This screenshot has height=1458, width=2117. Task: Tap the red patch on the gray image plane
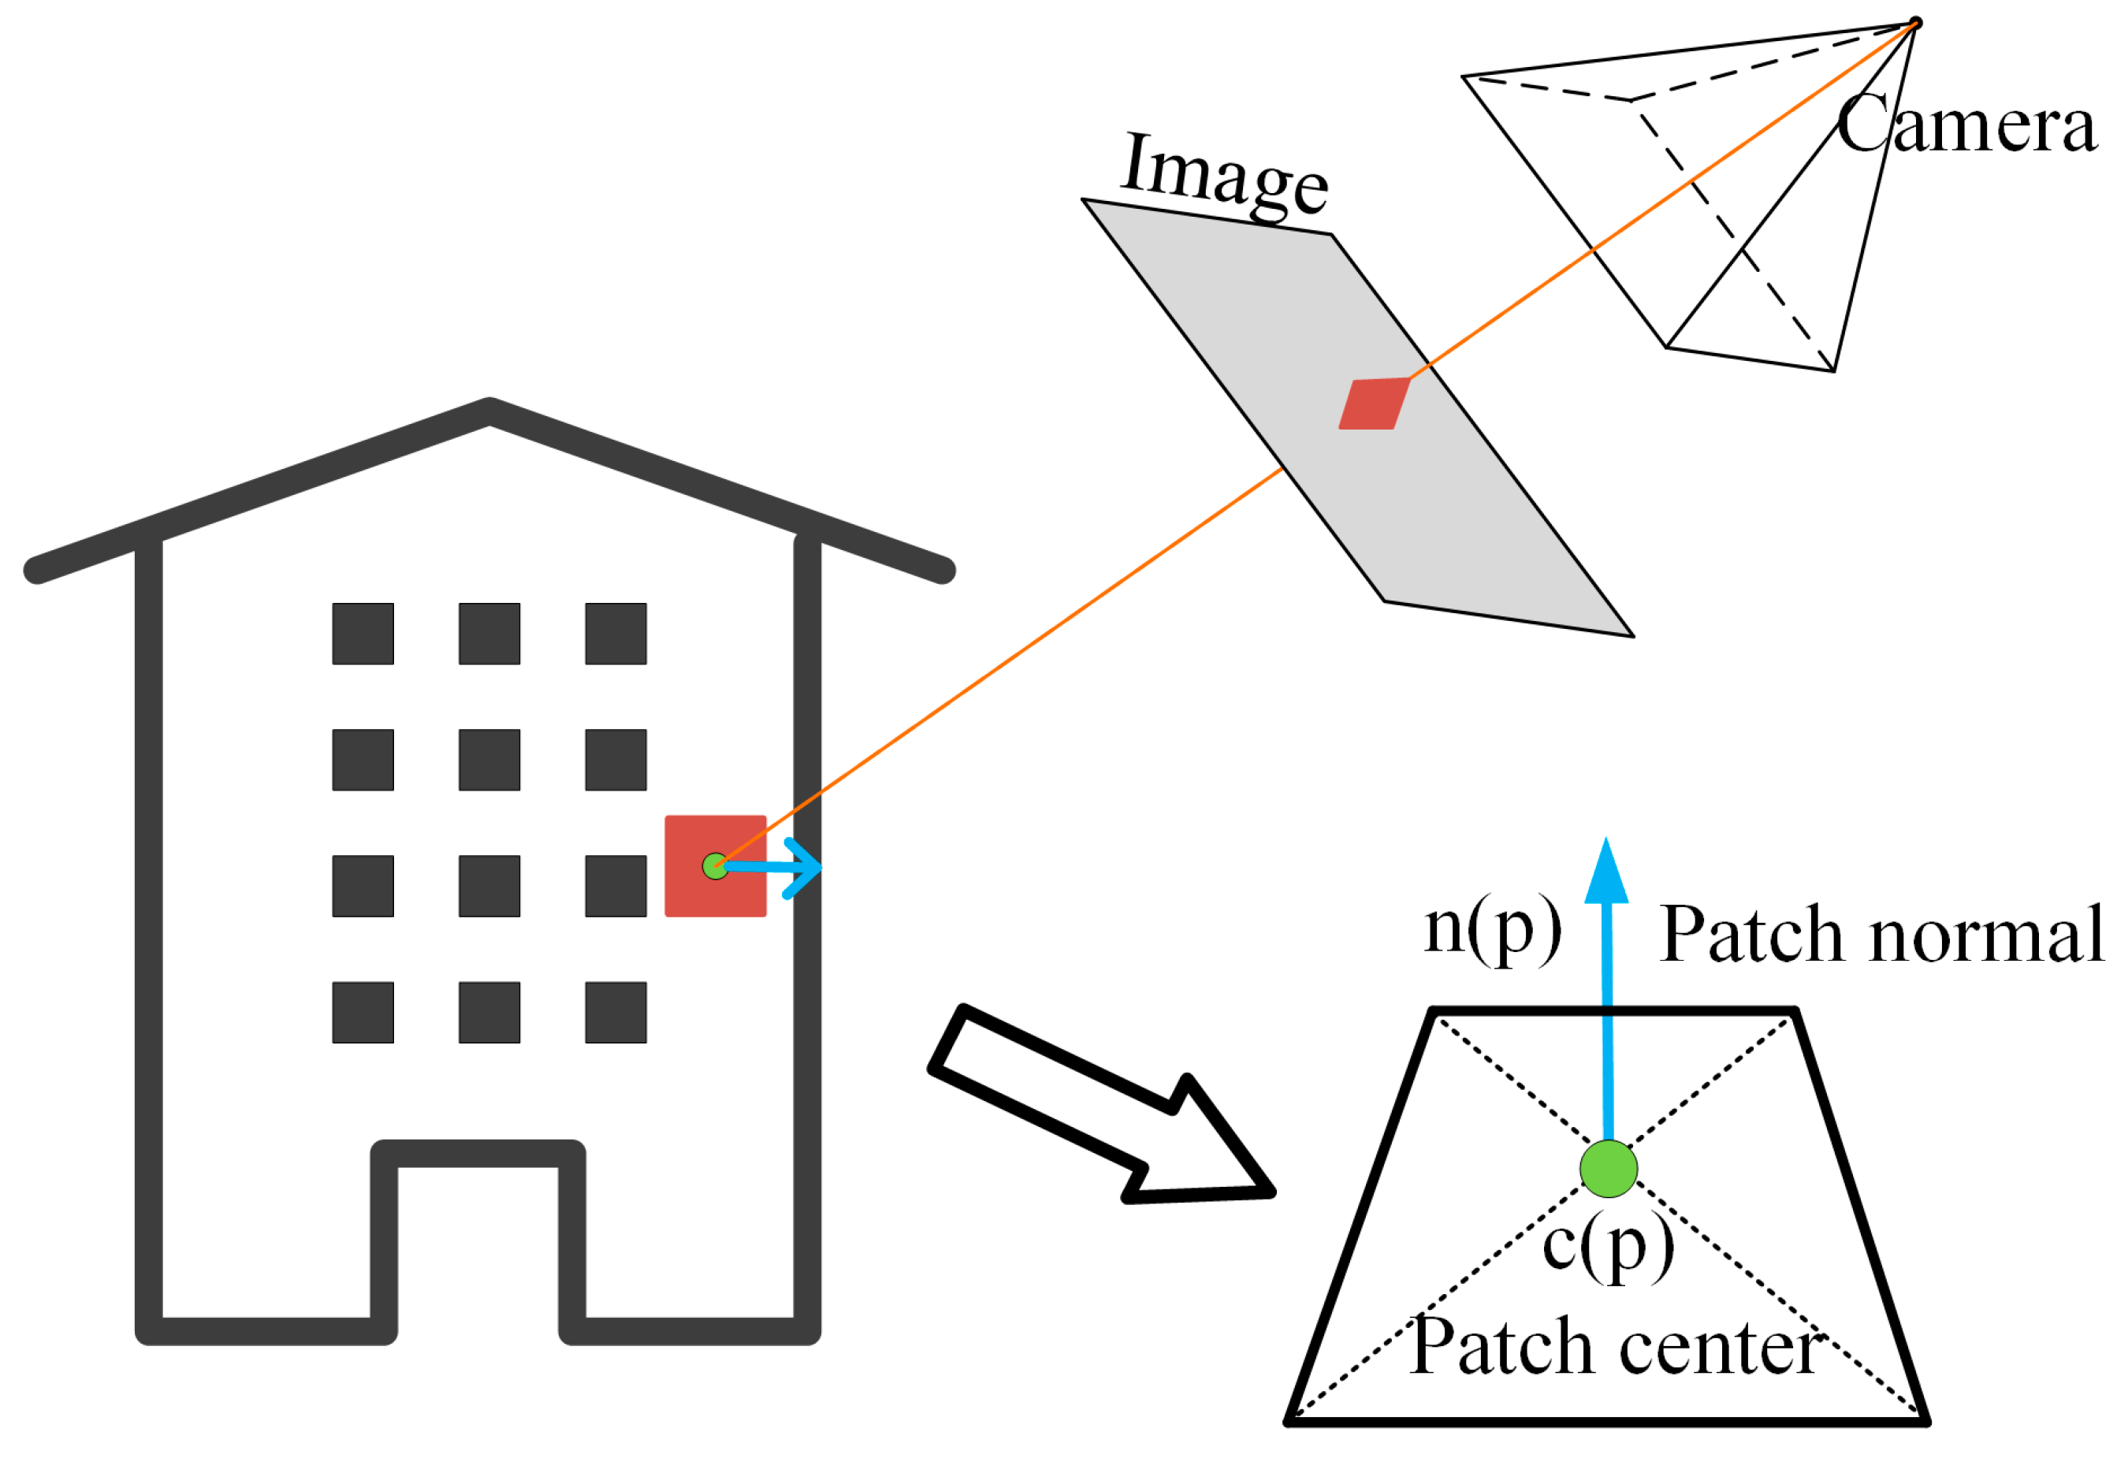tap(1372, 403)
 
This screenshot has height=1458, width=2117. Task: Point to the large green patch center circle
tap(1607, 1169)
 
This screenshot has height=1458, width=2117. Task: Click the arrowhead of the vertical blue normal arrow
tap(1605, 872)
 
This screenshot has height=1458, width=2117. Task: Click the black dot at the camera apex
tap(1915, 23)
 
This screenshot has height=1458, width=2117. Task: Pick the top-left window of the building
tap(363, 633)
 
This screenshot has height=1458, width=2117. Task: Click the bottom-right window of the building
tap(615, 1011)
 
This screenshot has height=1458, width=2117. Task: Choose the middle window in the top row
tap(489, 633)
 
